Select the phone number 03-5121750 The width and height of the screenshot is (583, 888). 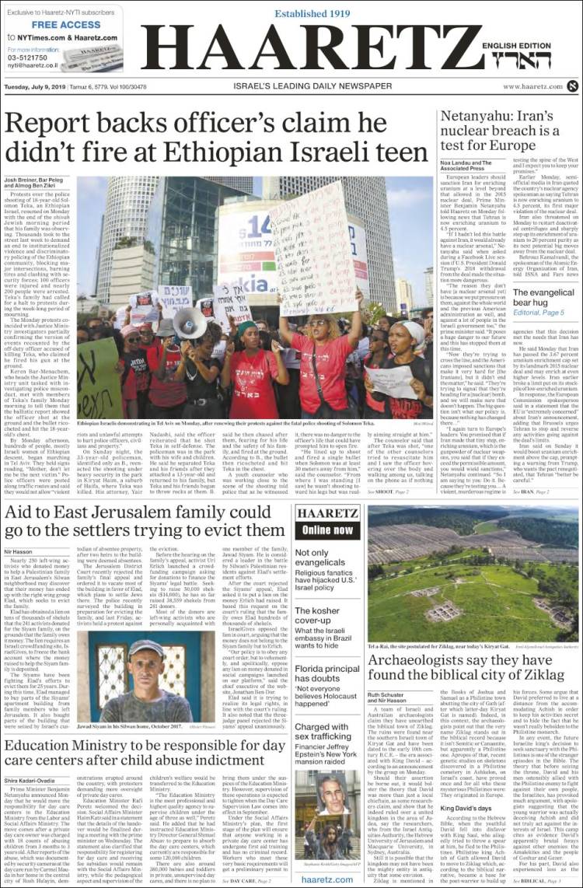27,58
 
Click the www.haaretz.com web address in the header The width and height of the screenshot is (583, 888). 532,86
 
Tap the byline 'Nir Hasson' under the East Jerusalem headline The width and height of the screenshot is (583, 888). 18,550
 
